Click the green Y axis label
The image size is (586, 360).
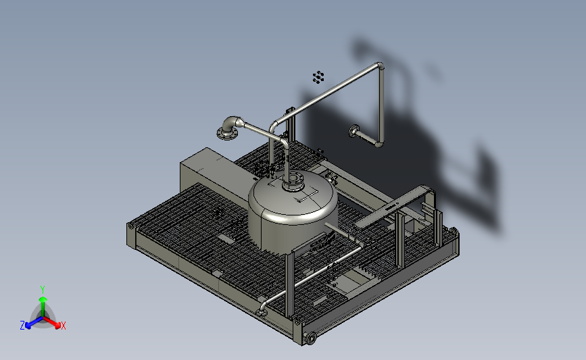[x=42, y=290]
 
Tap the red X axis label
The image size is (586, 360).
[x=63, y=326]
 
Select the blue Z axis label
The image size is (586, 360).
[x=22, y=326]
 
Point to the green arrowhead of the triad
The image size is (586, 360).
[x=43, y=299]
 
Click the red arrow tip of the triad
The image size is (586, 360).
[x=57, y=325]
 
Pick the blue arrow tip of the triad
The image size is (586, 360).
[x=28, y=326]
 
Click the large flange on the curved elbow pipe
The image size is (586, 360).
[x=227, y=132]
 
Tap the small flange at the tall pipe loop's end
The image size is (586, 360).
[x=353, y=131]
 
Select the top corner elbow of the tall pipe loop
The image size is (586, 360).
[x=380, y=66]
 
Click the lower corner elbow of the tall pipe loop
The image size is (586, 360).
[x=379, y=143]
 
